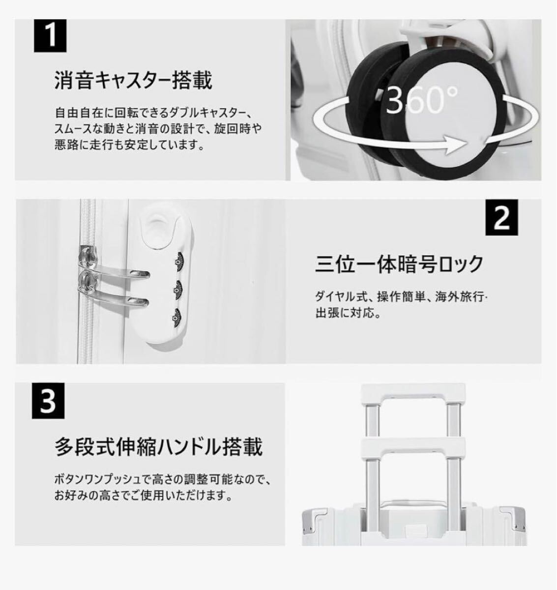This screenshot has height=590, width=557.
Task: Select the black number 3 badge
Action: tap(50, 402)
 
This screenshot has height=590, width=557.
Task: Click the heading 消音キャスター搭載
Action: tap(133, 80)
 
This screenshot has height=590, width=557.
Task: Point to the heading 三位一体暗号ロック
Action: tap(399, 264)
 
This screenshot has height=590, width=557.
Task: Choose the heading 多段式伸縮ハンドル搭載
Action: tap(158, 446)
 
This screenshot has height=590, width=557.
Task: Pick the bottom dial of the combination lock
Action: tap(176, 320)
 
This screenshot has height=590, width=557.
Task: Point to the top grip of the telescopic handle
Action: tap(413, 393)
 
